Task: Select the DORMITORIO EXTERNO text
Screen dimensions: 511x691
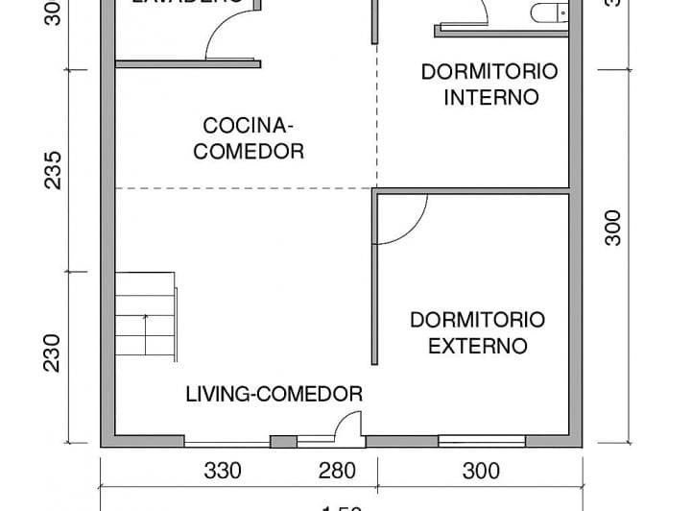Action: click(477, 332)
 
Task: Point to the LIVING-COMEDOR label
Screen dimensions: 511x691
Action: click(274, 394)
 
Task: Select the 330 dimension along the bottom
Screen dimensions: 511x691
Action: click(223, 471)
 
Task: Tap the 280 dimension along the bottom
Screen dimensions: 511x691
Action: click(337, 471)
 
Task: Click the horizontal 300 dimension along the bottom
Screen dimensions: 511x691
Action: click(481, 471)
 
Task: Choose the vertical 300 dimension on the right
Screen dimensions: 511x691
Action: click(613, 228)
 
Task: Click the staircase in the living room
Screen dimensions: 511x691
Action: click(146, 316)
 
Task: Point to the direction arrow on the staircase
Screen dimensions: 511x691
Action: click(145, 331)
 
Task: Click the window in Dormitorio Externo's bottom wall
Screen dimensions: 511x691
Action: click(482, 441)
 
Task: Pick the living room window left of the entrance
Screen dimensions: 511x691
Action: click(226, 443)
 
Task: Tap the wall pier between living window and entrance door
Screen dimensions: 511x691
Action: click(283, 442)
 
